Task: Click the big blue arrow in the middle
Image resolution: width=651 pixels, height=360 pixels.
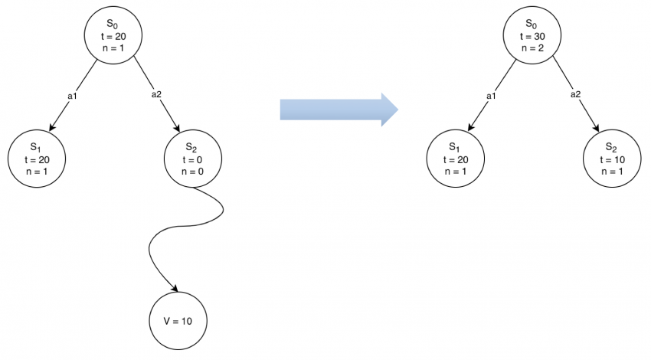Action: pyautogui.click(x=337, y=109)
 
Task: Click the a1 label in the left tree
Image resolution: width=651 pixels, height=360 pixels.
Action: pyautogui.click(x=73, y=96)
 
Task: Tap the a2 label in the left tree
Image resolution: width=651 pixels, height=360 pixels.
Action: pyautogui.click(x=156, y=95)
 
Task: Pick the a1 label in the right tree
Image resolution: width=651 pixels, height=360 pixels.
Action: pyautogui.click(x=491, y=96)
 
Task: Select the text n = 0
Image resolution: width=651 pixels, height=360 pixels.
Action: pyautogui.click(x=194, y=171)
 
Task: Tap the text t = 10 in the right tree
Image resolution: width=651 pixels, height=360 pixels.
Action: pyautogui.click(x=611, y=159)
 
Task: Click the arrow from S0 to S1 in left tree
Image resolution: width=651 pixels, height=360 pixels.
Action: pyautogui.click(x=73, y=97)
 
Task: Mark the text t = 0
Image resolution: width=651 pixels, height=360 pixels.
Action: pyautogui.click(x=194, y=159)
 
